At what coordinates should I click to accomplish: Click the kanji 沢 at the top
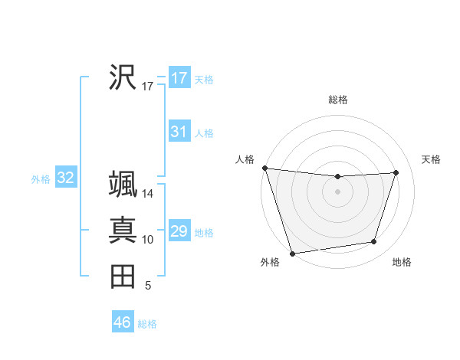tap(123, 77)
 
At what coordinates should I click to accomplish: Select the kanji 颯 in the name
tap(123, 184)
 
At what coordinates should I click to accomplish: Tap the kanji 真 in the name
tap(123, 231)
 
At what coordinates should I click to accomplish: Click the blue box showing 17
tap(179, 78)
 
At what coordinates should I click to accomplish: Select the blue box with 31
tap(179, 132)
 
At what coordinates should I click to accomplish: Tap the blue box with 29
tap(179, 231)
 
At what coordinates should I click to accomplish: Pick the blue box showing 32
tap(66, 178)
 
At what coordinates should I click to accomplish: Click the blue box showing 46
tap(122, 322)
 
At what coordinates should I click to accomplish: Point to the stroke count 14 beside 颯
tap(148, 195)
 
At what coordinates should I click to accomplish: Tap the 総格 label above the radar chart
tap(338, 100)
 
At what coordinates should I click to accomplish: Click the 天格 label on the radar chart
tap(432, 159)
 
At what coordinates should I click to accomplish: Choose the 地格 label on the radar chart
tap(402, 262)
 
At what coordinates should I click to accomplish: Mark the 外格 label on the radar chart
tap(269, 262)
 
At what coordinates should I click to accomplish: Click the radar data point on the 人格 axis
tap(264, 168)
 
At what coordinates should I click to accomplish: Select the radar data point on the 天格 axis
tap(396, 172)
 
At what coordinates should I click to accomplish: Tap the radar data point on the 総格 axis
tap(337, 177)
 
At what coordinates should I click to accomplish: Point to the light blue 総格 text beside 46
tap(147, 324)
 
